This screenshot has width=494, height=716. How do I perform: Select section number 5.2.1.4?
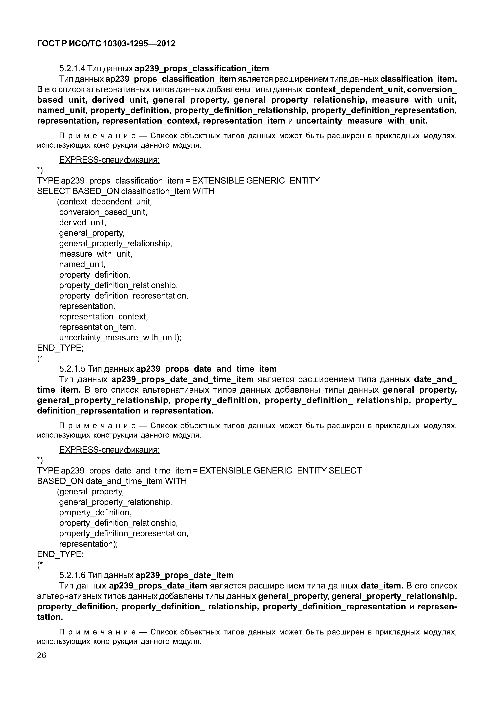pyautogui.click(x=72, y=68)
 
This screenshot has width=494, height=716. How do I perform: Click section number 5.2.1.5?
pyautogui.click(x=72, y=369)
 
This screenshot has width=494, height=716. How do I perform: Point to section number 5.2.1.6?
pyautogui.click(x=72, y=575)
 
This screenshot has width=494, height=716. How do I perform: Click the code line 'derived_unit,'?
pyautogui.click(x=83, y=222)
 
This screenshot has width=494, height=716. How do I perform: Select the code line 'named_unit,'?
pyautogui.click(x=82, y=264)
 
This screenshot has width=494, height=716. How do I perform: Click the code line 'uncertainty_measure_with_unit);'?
pyautogui.click(x=120, y=338)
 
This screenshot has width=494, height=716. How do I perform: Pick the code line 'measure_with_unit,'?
pyautogui.click(x=96, y=254)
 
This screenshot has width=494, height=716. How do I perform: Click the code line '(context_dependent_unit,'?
pyautogui.click(x=105, y=202)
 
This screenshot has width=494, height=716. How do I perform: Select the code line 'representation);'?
pyautogui.click(x=88, y=544)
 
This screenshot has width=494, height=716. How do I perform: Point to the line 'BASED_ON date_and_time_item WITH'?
pyautogui.click(x=112, y=481)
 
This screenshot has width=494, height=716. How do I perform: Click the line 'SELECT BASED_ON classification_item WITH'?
pyautogui.click(x=126, y=191)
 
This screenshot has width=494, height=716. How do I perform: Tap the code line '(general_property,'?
pyautogui.click(x=90, y=492)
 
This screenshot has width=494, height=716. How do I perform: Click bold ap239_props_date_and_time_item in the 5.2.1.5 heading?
pyautogui.click(x=206, y=369)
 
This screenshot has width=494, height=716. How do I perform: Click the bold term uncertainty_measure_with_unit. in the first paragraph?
pyautogui.click(x=362, y=121)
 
